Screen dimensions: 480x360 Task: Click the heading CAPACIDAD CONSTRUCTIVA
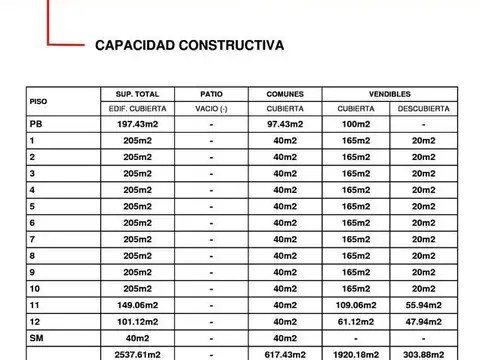pyautogui.click(x=188, y=45)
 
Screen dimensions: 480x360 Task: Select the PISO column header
pyautogui.click(x=38, y=101)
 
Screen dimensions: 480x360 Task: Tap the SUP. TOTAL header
pyautogui.click(x=137, y=93)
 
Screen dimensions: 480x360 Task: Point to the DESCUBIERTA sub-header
pyautogui.click(x=423, y=108)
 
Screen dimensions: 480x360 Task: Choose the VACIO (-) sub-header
pyautogui.click(x=211, y=108)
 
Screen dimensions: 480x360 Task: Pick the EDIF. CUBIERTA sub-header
pyautogui.click(x=137, y=108)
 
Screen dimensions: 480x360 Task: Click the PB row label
pyautogui.click(x=36, y=124)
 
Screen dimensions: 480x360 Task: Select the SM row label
pyautogui.click(x=36, y=337)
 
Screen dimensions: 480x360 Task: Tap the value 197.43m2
pyautogui.click(x=137, y=124)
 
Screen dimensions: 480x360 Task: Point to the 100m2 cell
pyautogui.click(x=356, y=124)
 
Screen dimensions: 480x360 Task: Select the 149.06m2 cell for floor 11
pyautogui.click(x=137, y=305)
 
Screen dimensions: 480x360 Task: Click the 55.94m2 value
pyautogui.click(x=423, y=305)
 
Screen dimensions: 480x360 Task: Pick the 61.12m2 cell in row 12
pyautogui.click(x=356, y=321)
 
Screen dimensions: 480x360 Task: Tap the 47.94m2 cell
pyautogui.click(x=423, y=321)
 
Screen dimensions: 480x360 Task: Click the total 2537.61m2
pyautogui.click(x=137, y=353)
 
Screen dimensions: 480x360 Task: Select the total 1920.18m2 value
pyautogui.click(x=356, y=353)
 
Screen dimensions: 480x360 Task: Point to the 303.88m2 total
pyautogui.click(x=423, y=353)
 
